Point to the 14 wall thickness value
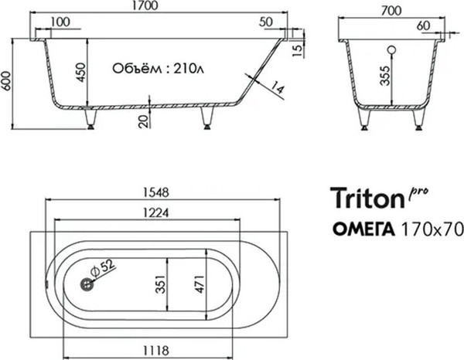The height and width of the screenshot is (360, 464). point(278,90)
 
